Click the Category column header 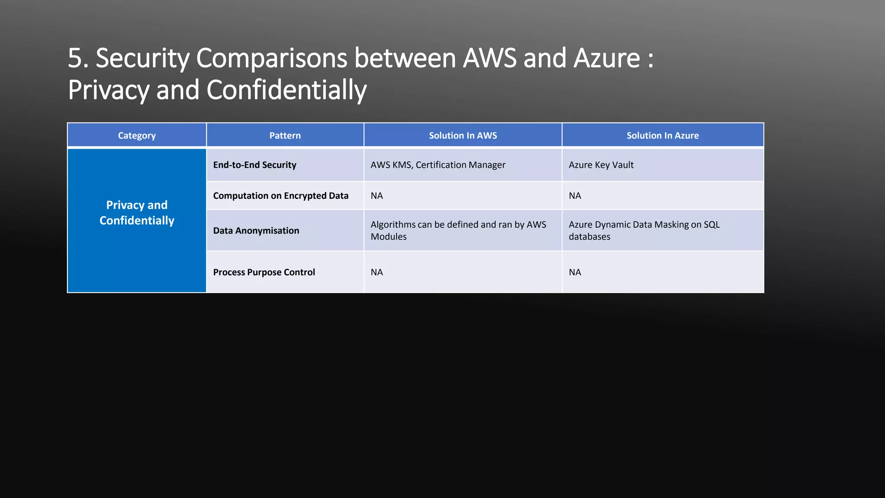[137, 136]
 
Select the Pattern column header [285, 136]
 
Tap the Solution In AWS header [463, 136]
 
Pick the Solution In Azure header [662, 136]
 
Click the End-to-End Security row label [255, 165]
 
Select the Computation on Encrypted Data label [280, 196]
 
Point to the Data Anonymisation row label [256, 231]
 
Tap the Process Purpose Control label [264, 272]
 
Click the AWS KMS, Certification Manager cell [438, 165]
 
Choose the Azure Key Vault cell [601, 165]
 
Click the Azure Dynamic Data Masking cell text [644, 230]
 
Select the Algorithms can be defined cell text [458, 230]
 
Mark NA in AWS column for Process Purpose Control [376, 272]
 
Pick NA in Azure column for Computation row [575, 196]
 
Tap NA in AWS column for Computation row [376, 196]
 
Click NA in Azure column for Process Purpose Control [575, 272]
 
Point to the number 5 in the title [75, 58]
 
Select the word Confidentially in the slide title [287, 90]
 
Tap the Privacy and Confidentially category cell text [137, 213]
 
